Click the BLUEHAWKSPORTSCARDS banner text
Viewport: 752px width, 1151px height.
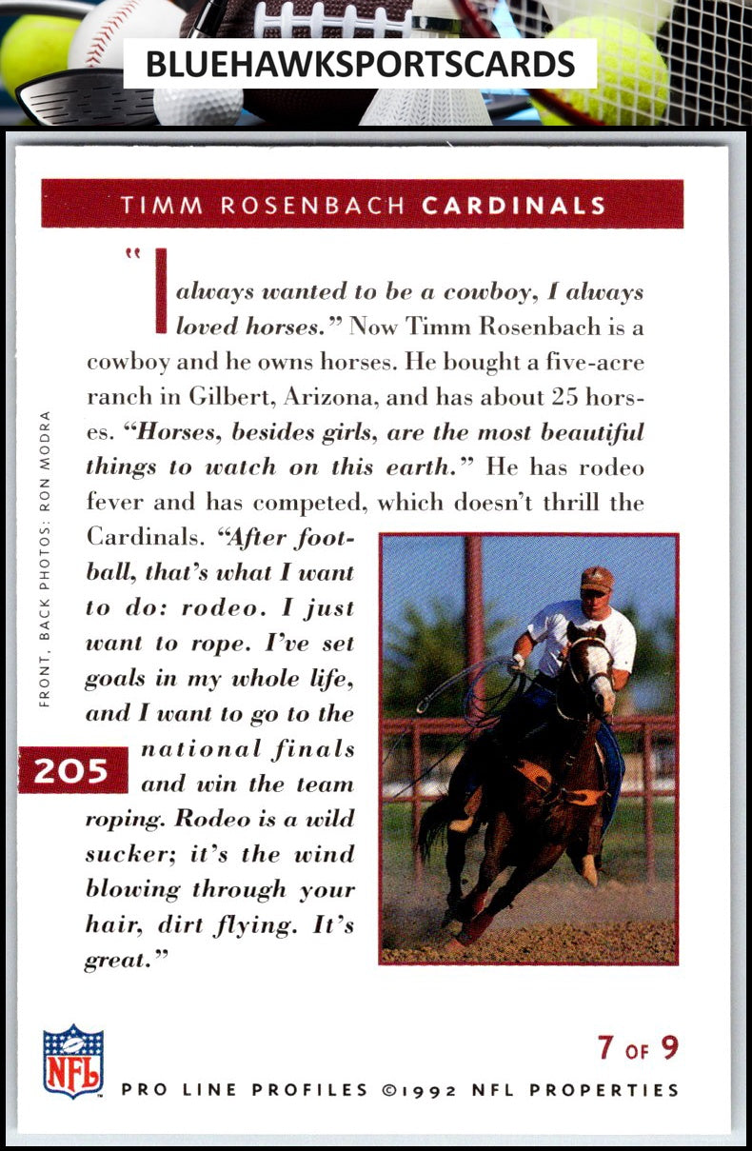point(360,65)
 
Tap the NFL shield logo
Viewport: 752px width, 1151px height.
point(73,1061)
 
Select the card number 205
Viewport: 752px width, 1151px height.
point(71,770)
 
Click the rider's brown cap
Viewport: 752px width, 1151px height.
point(596,579)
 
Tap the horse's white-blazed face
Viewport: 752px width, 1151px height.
point(596,666)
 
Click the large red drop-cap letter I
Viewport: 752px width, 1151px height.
point(161,291)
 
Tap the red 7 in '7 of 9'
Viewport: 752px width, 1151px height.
point(605,1048)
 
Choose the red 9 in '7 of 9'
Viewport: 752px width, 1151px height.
point(669,1048)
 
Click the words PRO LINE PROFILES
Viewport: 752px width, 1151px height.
point(245,1090)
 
